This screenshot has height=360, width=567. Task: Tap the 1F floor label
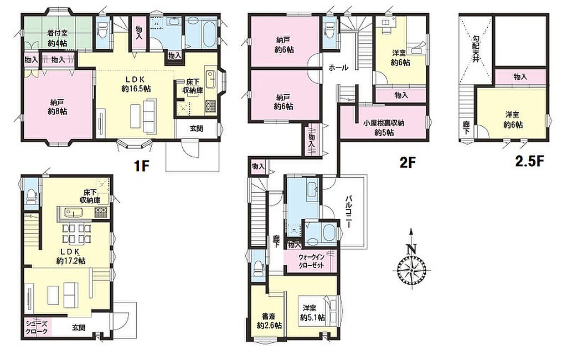(x=142, y=166)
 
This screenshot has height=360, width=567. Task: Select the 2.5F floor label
(x=530, y=161)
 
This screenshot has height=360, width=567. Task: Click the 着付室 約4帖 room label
(x=57, y=38)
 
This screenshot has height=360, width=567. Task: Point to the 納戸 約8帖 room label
(x=58, y=107)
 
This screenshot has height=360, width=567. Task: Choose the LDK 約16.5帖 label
(x=136, y=84)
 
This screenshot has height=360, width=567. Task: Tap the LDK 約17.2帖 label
(x=71, y=256)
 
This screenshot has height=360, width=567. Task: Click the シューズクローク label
(x=37, y=327)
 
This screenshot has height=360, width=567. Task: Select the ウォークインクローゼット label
(x=311, y=261)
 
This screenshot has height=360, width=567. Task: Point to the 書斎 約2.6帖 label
(x=270, y=321)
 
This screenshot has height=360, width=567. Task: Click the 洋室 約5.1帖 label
(x=312, y=313)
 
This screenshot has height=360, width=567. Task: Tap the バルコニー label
(x=349, y=212)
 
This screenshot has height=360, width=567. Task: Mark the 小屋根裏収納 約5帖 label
(x=384, y=128)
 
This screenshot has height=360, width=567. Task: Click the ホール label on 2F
(x=338, y=68)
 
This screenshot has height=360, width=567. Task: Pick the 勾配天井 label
(x=475, y=48)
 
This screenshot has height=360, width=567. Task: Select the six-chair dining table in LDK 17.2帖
(x=76, y=234)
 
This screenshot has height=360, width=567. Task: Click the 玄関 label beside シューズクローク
(x=79, y=328)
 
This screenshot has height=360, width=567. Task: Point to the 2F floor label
(x=407, y=163)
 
